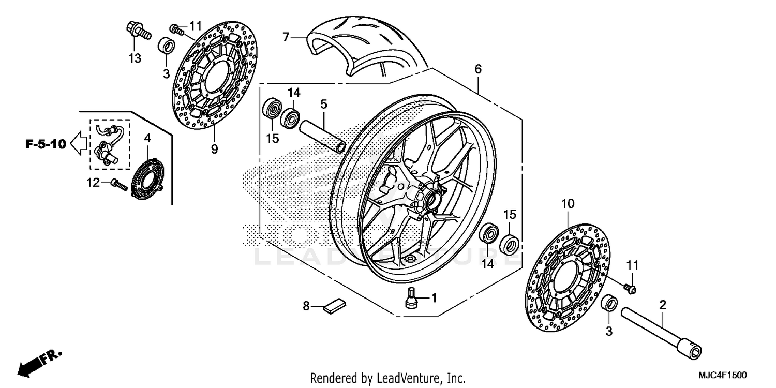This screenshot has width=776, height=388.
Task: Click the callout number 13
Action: [x=135, y=58]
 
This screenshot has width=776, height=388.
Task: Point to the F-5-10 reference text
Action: [x=46, y=144]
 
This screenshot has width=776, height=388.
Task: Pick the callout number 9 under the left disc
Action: [x=214, y=150]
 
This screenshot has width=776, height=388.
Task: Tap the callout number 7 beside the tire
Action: [x=285, y=37]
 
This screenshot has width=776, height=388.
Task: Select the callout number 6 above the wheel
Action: [x=477, y=69]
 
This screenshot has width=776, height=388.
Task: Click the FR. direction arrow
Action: [x=39, y=362]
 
